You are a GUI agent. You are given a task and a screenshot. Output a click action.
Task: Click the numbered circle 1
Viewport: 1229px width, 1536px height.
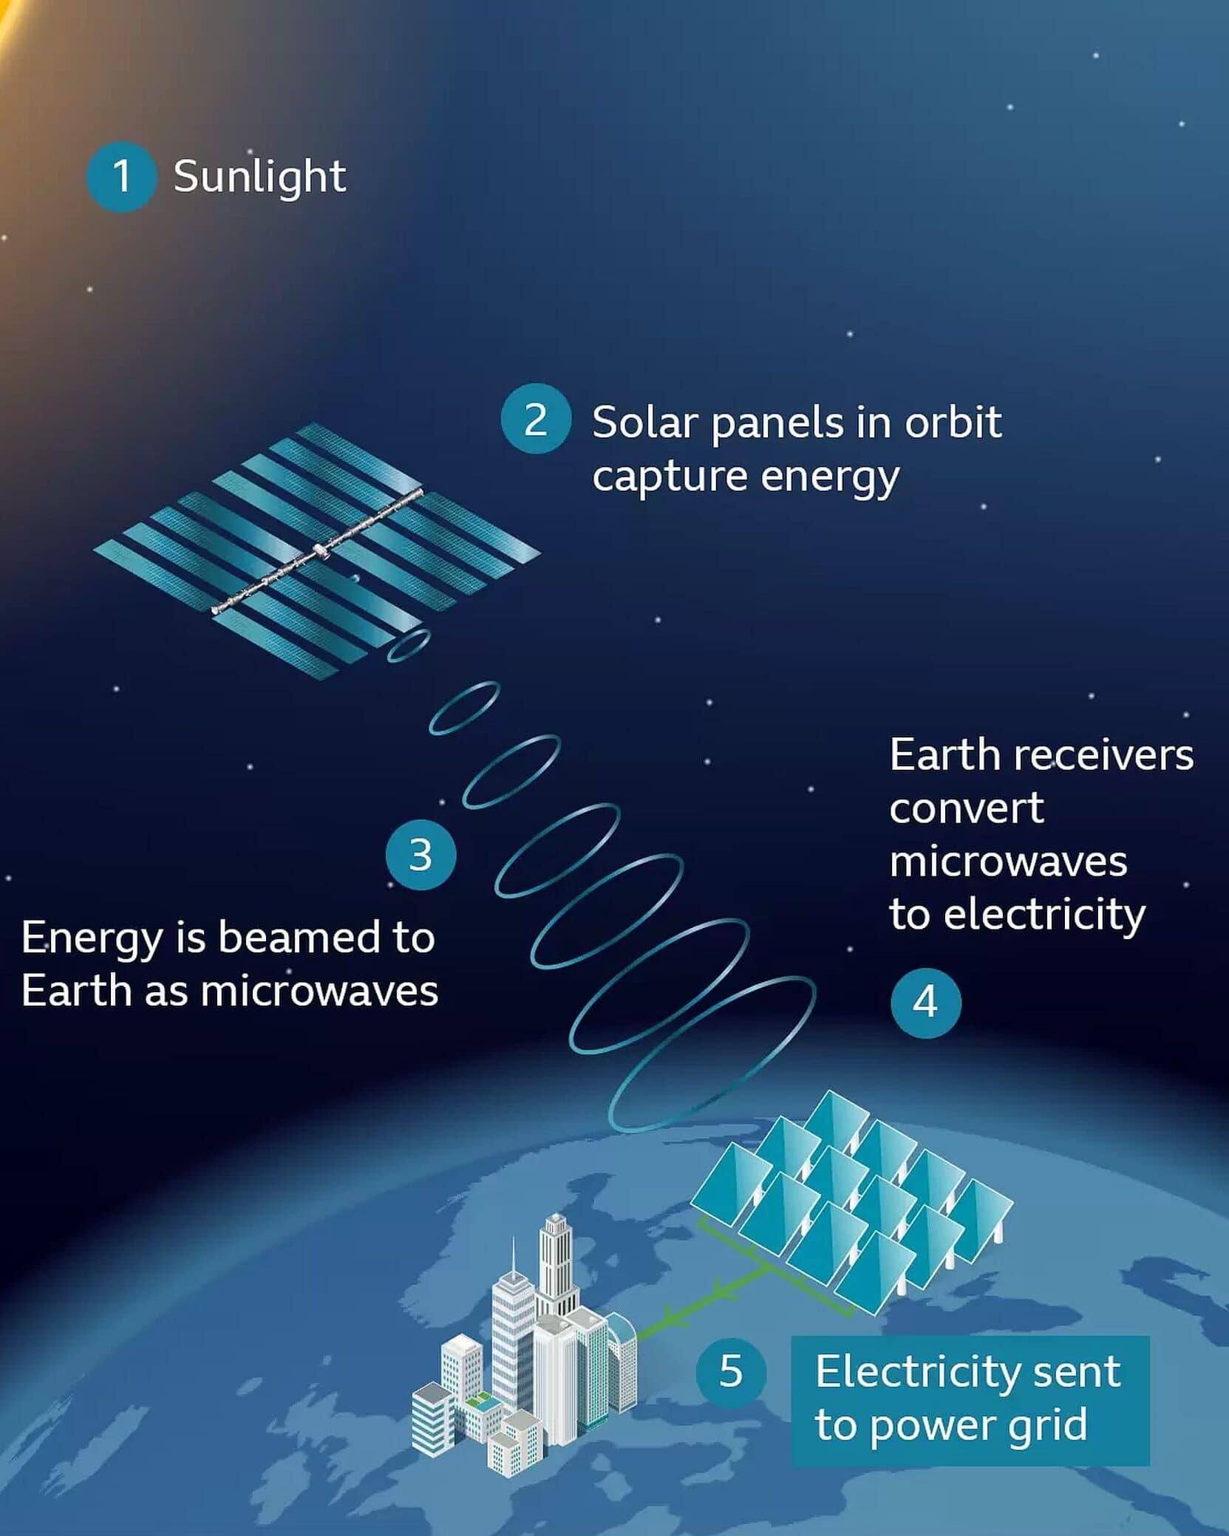pyautogui.click(x=121, y=177)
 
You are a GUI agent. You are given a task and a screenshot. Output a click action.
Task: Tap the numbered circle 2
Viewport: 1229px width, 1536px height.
pyautogui.click(x=536, y=419)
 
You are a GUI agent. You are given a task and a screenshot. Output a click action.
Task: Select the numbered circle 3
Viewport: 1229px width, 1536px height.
pyautogui.click(x=421, y=855)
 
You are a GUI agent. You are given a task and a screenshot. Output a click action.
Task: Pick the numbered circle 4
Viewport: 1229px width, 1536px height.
pyautogui.click(x=926, y=1003)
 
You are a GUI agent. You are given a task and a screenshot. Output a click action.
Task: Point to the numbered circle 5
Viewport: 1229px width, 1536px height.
pyautogui.click(x=731, y=1371)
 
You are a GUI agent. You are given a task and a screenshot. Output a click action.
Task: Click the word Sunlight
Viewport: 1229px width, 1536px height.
pyautogui.click(x=259, y=177)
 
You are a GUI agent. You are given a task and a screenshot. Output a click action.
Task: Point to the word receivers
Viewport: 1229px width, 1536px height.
pyautogui.click(x=1104, y=756)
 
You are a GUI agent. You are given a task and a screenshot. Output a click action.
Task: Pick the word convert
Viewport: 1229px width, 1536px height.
pyautogui.click(x=967, y=809)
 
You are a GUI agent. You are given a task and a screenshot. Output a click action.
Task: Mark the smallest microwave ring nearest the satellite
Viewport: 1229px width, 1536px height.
pyautogui.click(x=409, y=646)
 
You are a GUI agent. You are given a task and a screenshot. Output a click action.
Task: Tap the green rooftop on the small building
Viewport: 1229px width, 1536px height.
pyautogui.click(x=478, y=1399)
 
